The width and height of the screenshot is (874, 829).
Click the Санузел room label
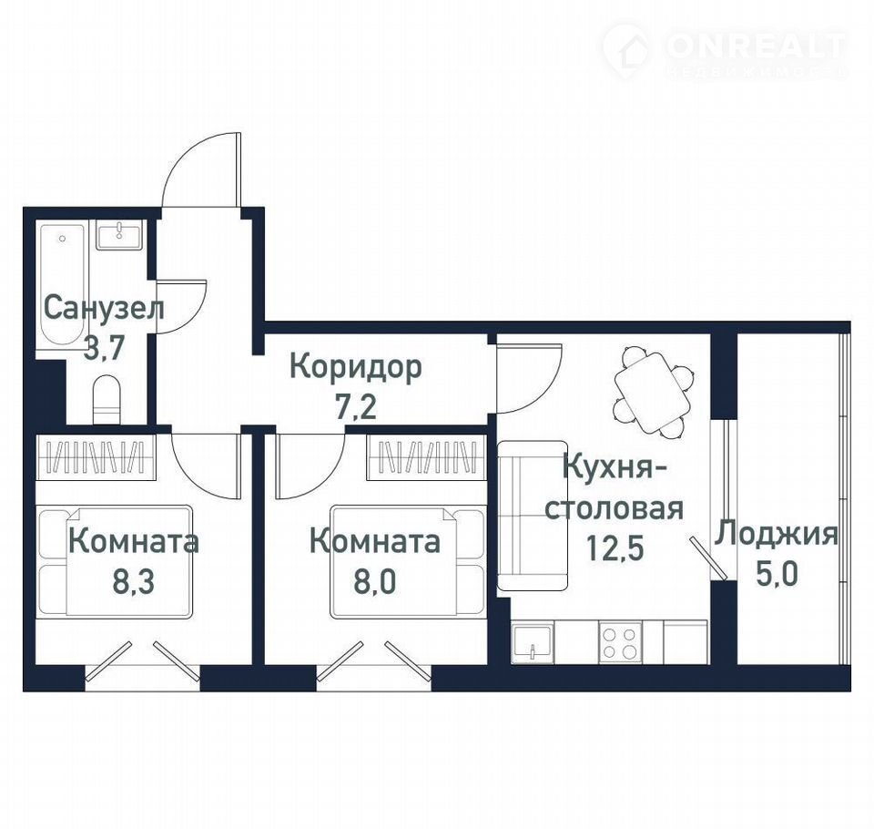click(104, 309)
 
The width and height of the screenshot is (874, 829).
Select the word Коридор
click(356, 368)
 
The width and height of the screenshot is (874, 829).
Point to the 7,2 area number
click(356, 408)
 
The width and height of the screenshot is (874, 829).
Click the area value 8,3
click(133, 582)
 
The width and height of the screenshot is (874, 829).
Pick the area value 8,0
click(375, 582)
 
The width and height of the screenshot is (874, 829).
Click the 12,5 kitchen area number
click(615, 548)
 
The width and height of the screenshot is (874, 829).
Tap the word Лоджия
click(777, 534)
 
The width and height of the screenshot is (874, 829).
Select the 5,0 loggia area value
click(777, 574)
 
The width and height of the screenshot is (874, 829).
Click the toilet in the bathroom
click(106, 399)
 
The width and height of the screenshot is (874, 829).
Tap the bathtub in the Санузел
click(63, 284)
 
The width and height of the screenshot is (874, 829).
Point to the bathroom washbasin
click(119, 234)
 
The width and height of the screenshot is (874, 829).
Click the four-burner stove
click(620, 642)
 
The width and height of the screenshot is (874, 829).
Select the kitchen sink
click(533, 644)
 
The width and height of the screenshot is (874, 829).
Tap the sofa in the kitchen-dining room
click(533, 516)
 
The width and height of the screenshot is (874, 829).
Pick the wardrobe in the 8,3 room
click(96, 457)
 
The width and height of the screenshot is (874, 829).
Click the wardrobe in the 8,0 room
click(426, 457)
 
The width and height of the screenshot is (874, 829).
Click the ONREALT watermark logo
click(725, 51)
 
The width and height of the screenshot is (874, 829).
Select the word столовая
click(615, 508)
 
